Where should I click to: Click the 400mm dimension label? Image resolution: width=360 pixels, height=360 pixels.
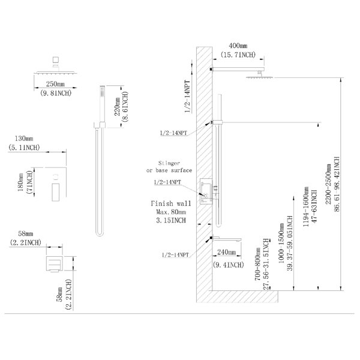238,46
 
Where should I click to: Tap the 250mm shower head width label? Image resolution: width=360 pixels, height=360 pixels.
55,84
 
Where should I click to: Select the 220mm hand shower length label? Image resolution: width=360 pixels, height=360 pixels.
118,107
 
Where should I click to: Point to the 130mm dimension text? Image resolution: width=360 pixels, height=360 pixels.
24,139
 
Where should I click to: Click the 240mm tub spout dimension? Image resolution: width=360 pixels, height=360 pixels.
227,252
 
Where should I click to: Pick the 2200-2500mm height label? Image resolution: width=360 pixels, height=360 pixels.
328,184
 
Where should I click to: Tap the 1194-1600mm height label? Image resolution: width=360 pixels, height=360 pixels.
306,206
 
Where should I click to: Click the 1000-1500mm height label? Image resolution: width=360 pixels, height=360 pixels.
281,243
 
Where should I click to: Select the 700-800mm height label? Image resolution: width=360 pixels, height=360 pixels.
257,264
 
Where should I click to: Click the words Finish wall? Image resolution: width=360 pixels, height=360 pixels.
171,203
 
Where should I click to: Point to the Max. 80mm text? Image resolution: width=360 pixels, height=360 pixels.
171,212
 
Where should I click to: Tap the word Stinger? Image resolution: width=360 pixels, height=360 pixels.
169,163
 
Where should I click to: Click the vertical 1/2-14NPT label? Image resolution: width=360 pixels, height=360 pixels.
188,97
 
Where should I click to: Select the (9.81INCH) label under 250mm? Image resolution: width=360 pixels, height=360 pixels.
56,93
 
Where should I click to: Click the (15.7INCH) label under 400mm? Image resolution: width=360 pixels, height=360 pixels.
238,55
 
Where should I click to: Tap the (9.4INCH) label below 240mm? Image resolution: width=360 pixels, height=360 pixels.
228,265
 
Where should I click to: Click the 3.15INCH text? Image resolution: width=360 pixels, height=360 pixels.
171,220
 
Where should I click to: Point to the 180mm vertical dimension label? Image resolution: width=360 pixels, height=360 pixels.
20,182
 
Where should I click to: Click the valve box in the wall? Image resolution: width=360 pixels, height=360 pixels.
206,191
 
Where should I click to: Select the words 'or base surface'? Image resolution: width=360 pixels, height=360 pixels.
169,170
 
